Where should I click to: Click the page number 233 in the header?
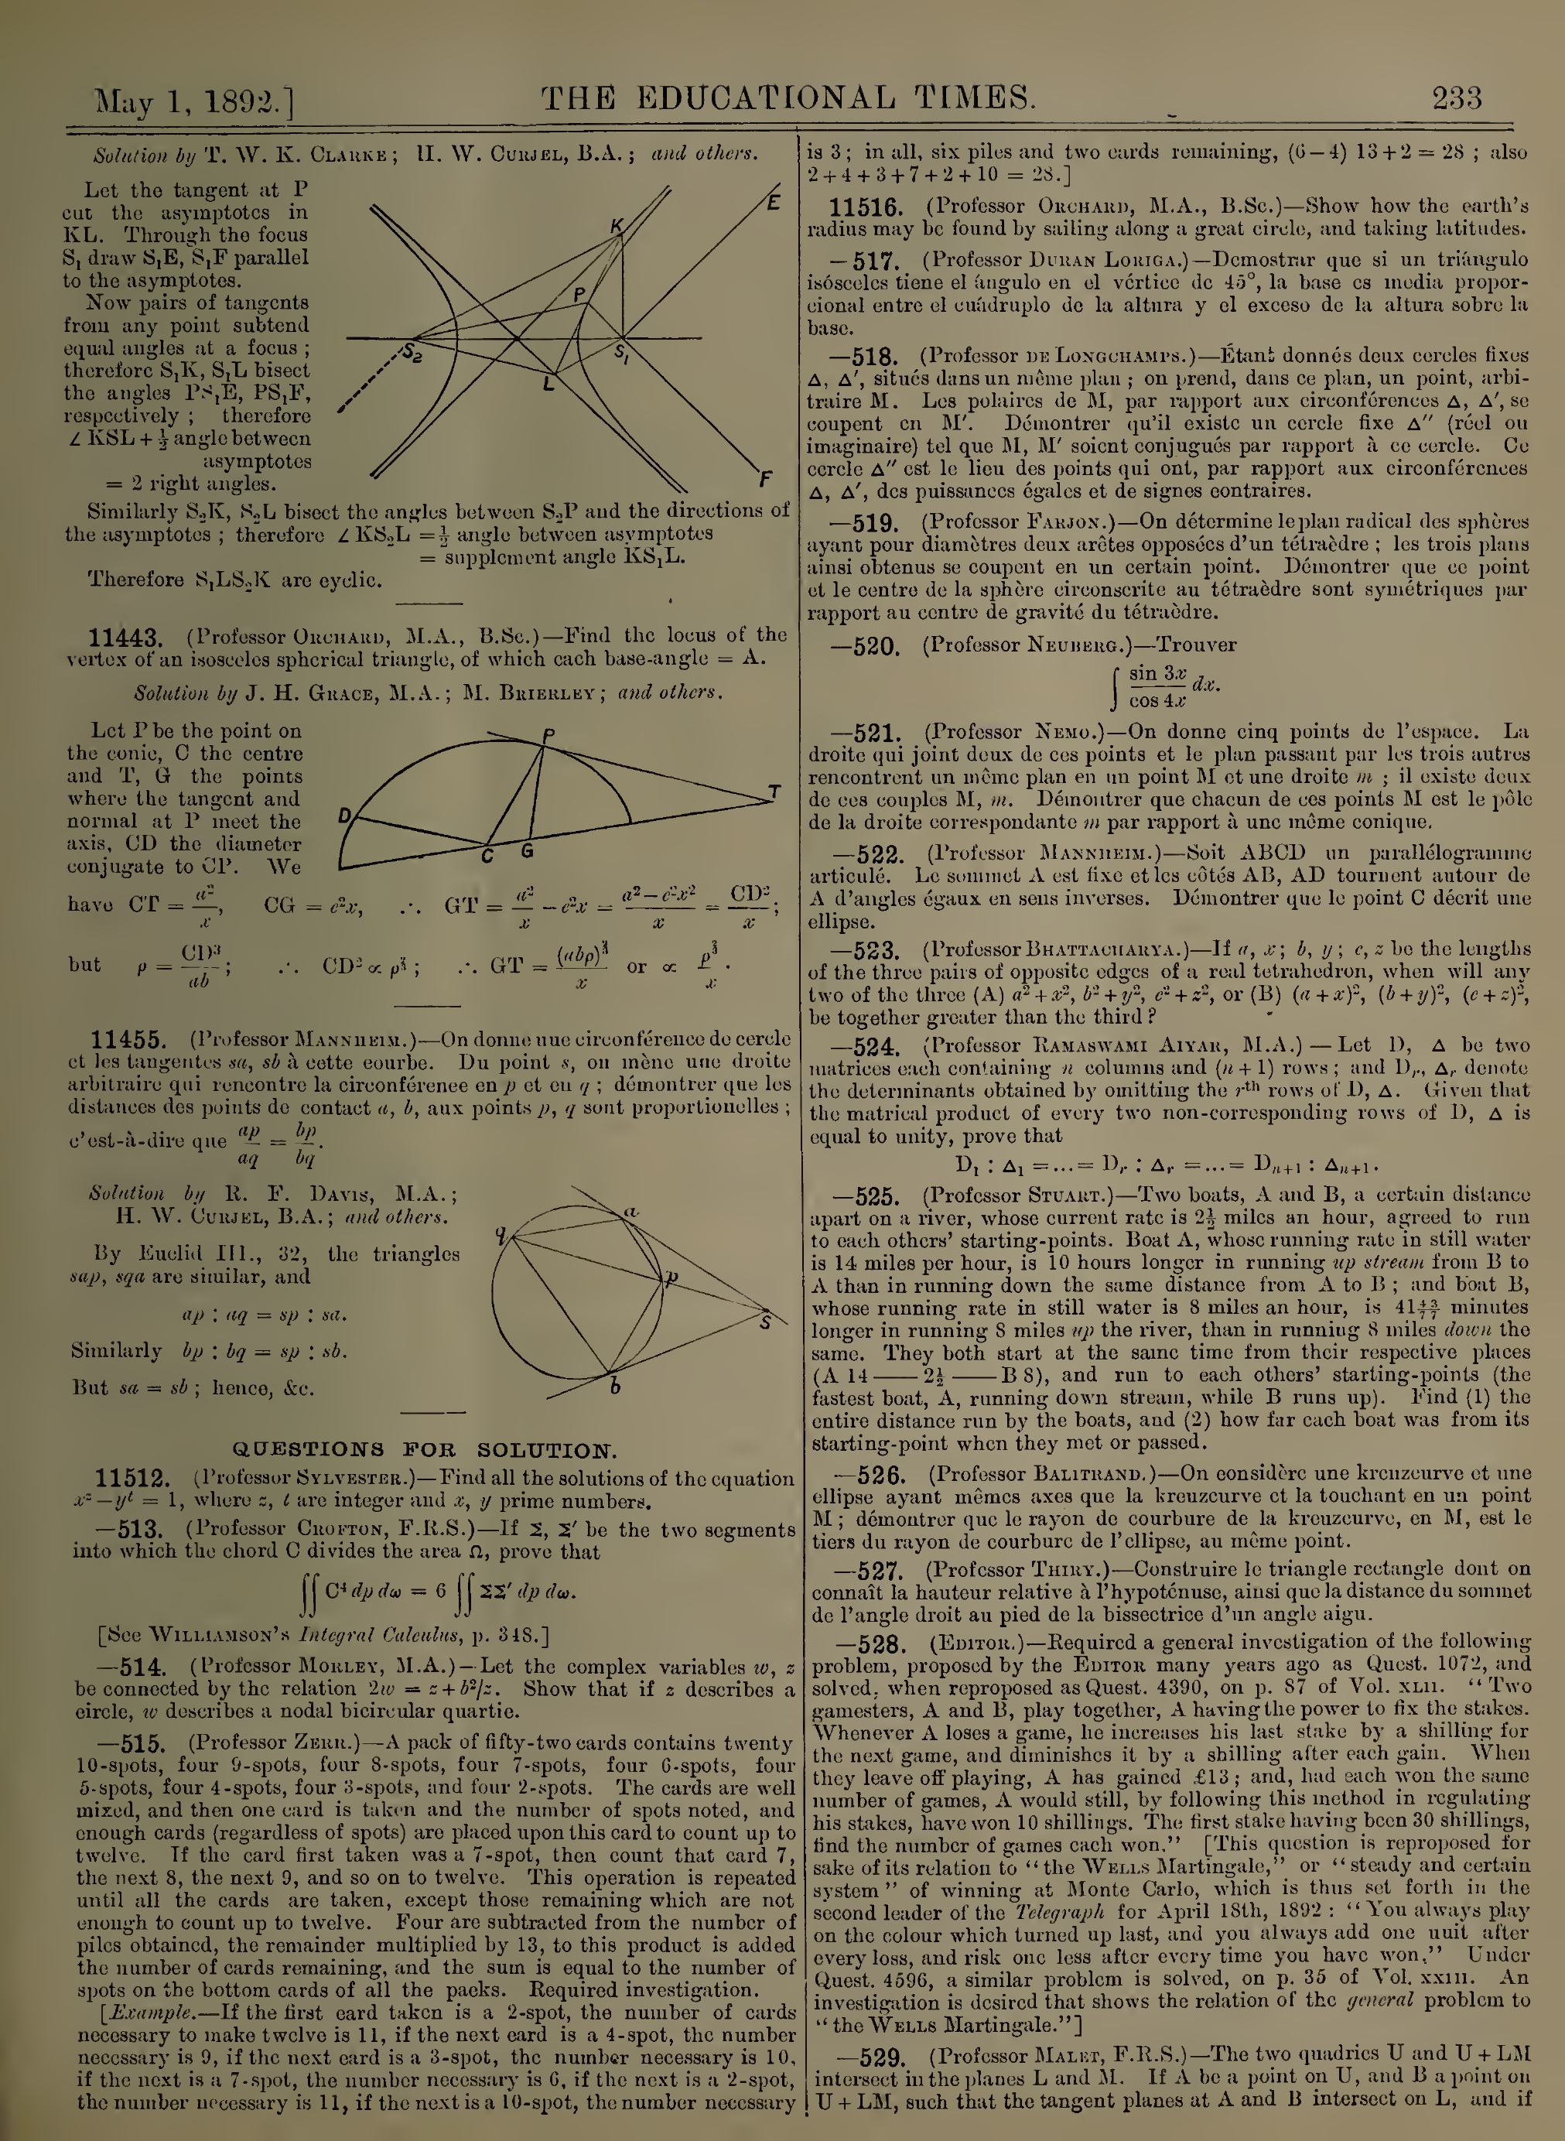(x=1457, y=98)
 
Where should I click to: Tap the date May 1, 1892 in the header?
(x=194, y=101)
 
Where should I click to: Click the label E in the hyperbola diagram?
(x=773, y=202)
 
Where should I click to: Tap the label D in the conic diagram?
(x=345, y=816)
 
